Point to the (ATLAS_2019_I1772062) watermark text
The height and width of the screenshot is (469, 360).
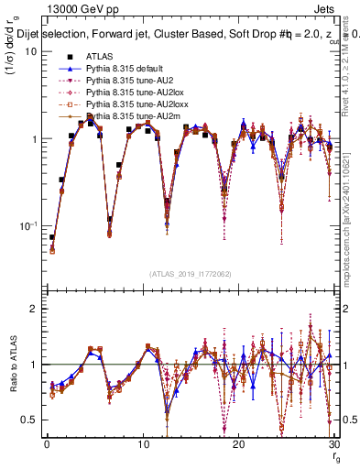(x=190, y=273)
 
